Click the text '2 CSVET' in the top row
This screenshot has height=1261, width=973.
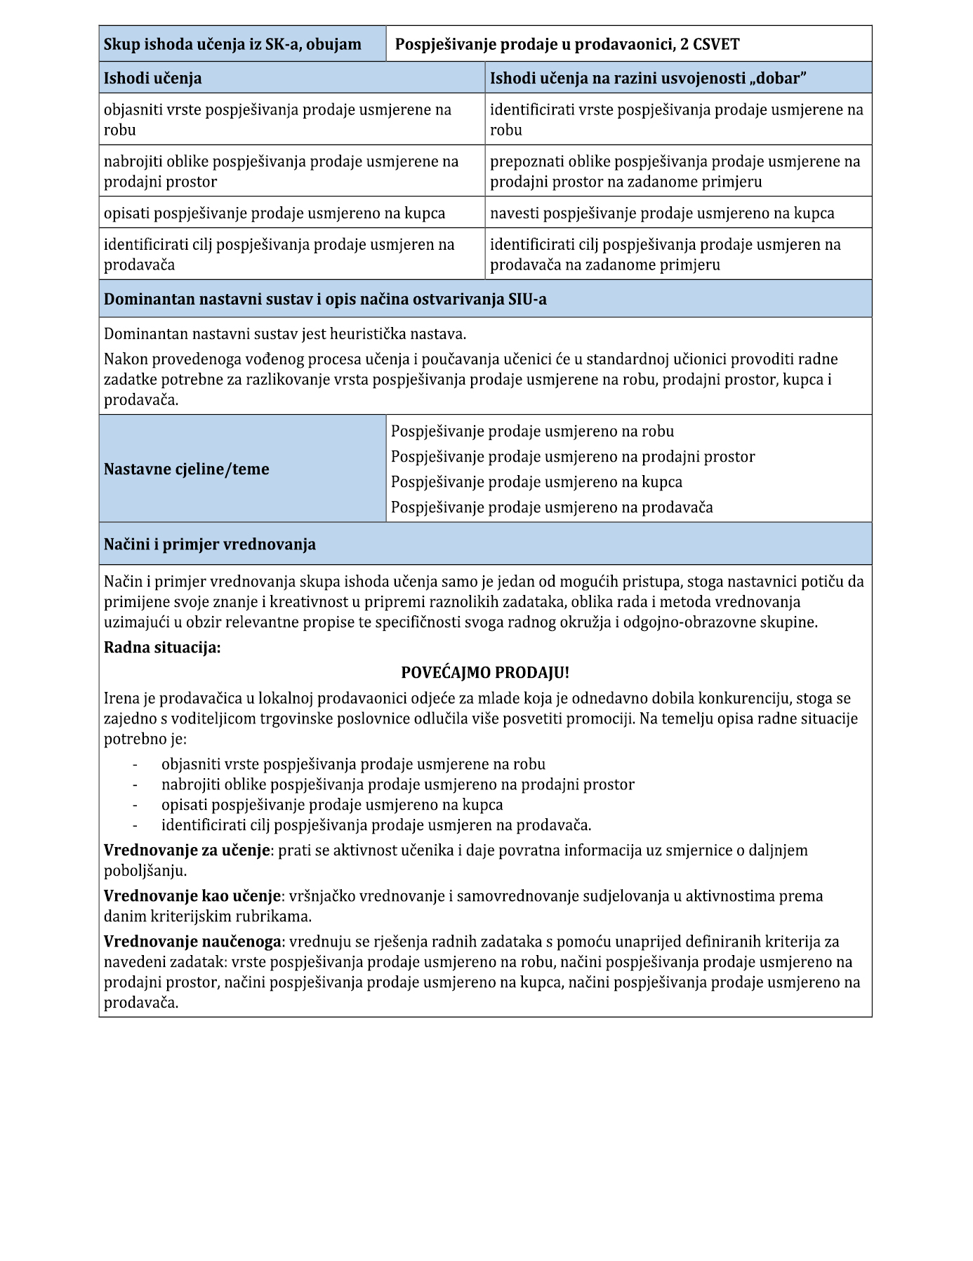710,44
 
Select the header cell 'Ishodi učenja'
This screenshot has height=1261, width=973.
152,78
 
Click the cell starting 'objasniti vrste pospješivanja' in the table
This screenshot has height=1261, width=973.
277,119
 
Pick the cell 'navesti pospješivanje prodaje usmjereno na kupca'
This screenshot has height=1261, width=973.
662,213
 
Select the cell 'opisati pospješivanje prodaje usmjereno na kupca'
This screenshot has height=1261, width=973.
274,213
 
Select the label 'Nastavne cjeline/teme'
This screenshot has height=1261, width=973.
186,469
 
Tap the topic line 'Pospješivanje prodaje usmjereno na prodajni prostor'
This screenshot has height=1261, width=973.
572,456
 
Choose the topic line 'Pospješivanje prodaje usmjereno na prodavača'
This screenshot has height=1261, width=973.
551,507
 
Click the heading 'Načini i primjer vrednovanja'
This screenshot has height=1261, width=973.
209,544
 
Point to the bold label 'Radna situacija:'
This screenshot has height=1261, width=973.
162,647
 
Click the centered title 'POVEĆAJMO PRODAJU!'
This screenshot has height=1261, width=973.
485,672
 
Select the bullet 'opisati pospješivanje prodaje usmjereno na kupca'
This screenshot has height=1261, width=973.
332,804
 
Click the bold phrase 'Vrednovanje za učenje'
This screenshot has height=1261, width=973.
187,850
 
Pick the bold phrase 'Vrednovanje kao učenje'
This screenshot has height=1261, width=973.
192,895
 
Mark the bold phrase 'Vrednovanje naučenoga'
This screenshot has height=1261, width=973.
192,941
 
